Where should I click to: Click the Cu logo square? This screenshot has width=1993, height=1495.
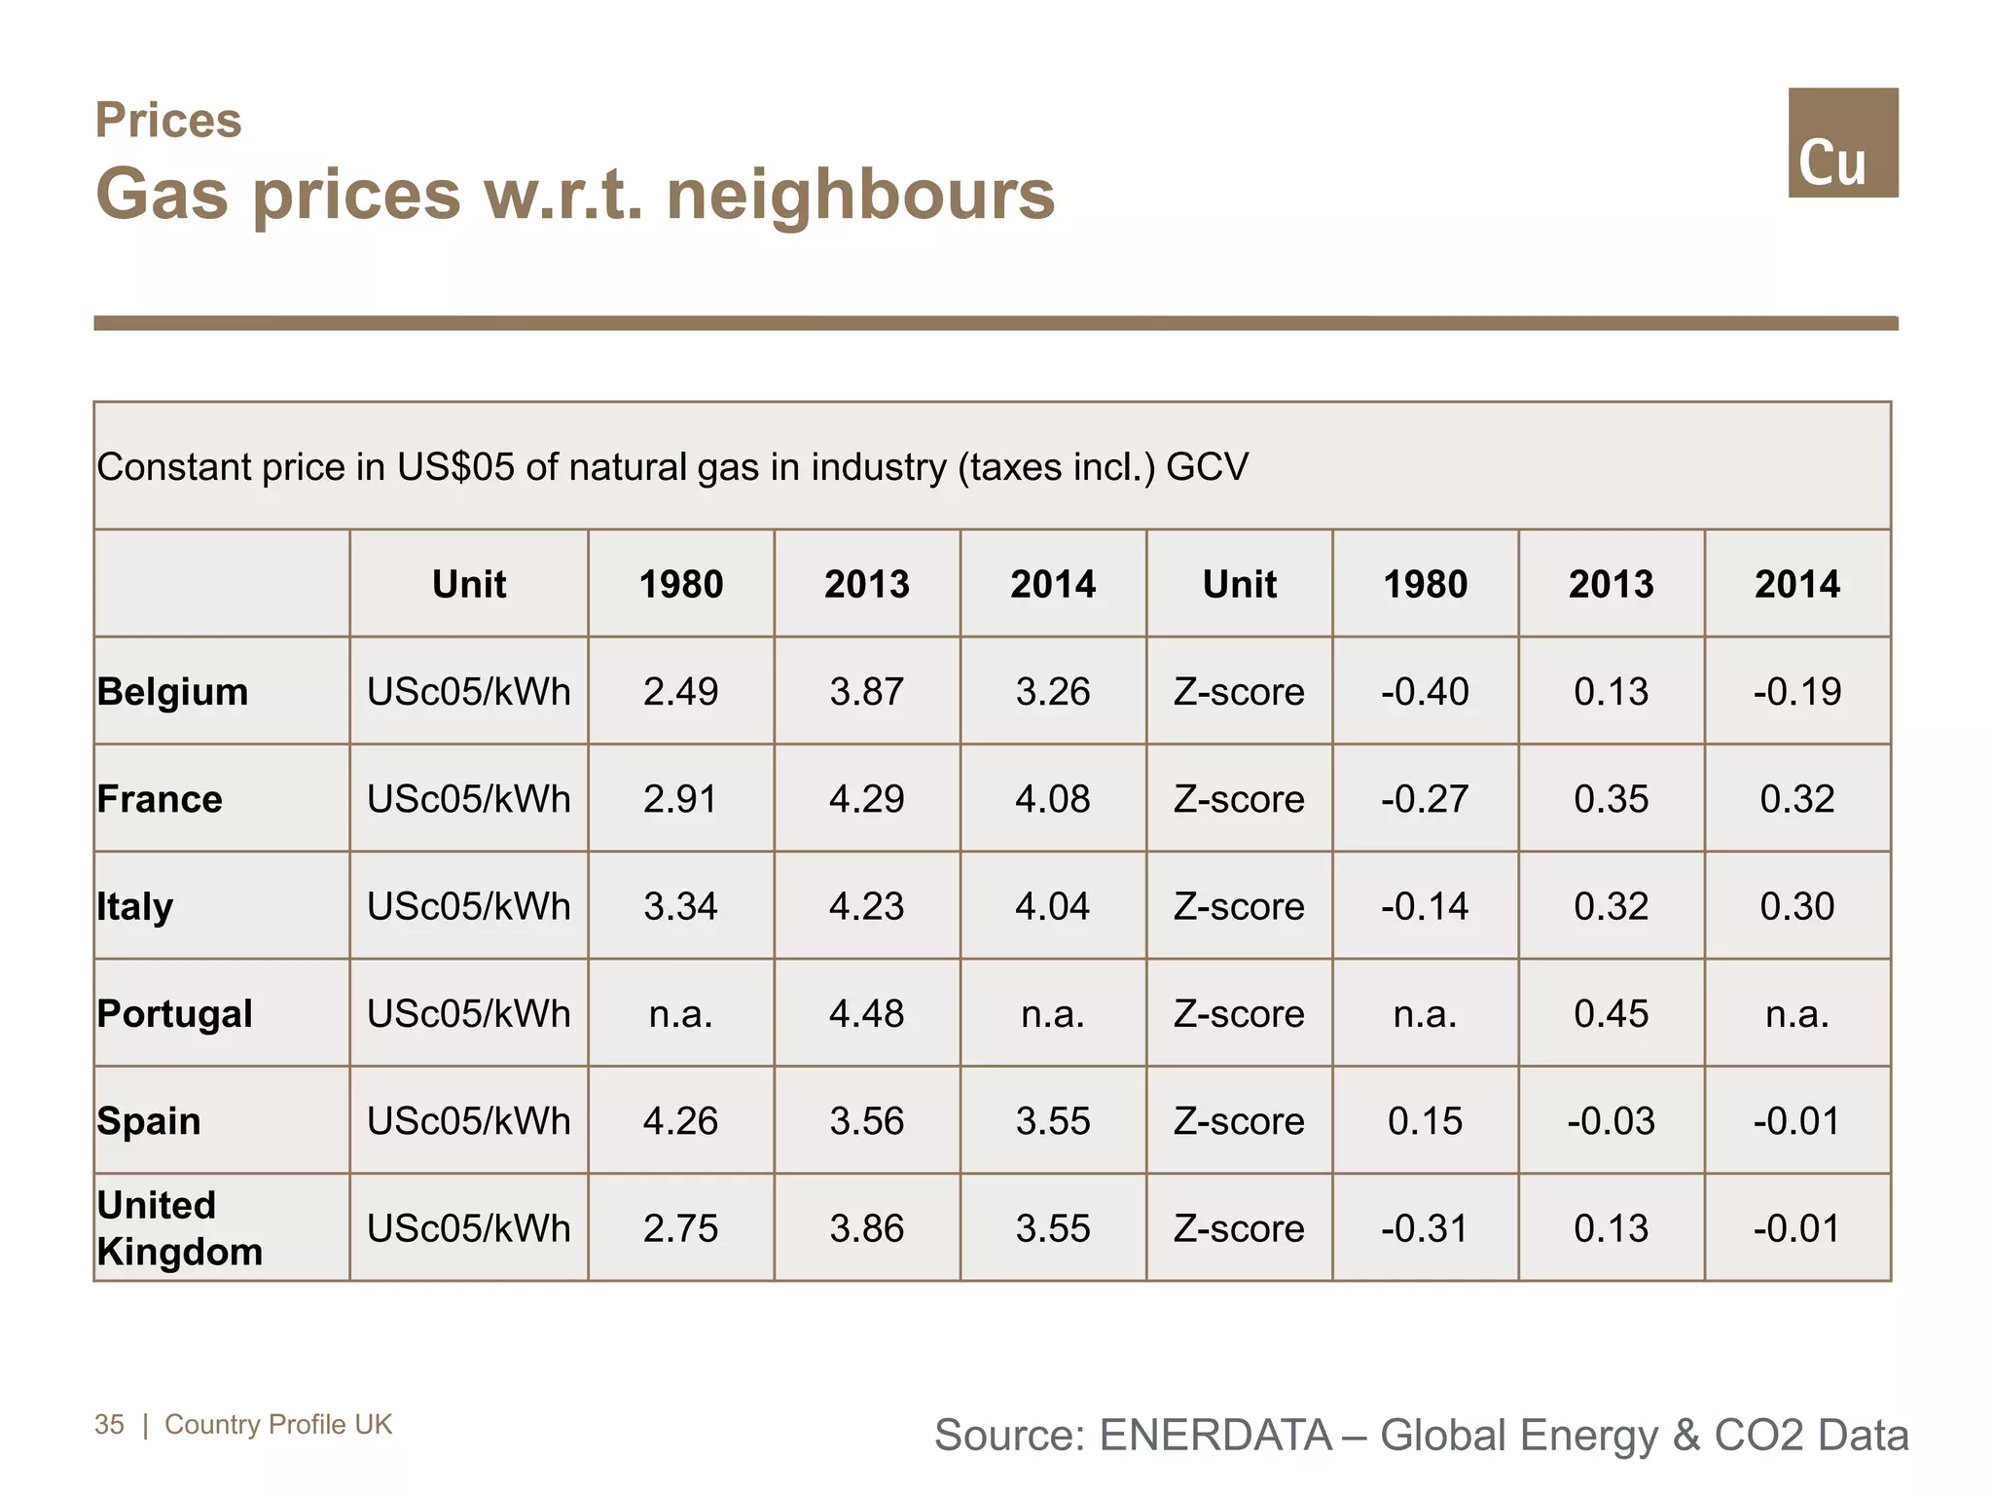point(1842,143)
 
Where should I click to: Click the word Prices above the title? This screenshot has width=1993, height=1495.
point(168,121)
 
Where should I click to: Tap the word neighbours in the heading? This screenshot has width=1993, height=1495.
point(860,195)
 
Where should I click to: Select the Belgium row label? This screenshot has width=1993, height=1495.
point(173,692)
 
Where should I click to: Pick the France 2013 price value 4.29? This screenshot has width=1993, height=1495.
point(866,799)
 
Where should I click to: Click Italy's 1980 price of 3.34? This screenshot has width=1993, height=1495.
point(680,906)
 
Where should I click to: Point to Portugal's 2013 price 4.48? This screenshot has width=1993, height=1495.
point(866,1014)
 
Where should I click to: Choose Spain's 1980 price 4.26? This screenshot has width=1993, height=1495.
point(680,1121)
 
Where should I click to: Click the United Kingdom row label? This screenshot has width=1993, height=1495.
point(180,1228)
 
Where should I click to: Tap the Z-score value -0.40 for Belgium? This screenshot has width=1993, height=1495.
point(1425,692)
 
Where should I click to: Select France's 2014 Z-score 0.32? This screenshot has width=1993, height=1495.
point(1796,799)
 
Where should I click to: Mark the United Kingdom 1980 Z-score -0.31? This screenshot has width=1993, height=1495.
point(1425,1228)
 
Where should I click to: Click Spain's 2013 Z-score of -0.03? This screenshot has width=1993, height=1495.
point(1611,1121)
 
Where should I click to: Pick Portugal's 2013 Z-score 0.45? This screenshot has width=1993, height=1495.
point(1611,1014)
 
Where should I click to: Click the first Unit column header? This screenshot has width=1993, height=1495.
point(469,584)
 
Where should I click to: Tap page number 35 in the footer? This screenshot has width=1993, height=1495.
point(109,1424)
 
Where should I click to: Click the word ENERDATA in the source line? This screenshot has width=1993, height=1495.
point(1215,1436)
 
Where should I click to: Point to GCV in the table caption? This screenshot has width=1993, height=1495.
point(1207,467)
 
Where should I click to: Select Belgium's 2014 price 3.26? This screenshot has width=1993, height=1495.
point(1053,692)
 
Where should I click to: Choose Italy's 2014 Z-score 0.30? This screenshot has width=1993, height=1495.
point(1796,906)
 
